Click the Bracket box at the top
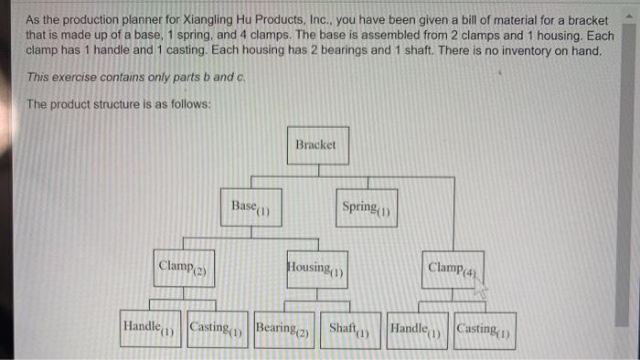[316, 145]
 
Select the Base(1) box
[247, 207]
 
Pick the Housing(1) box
[316, 268]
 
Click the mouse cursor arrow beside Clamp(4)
[479, 285]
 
